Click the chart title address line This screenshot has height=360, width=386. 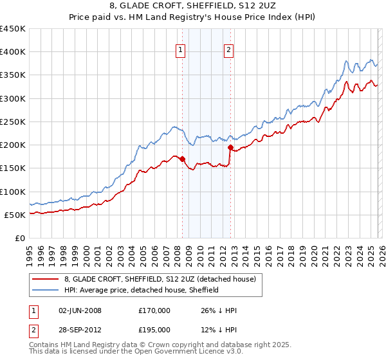(x=192, y=6)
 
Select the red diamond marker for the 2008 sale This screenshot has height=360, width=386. (x=182, y=159)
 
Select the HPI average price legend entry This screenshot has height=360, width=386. (x=142, y=290)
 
